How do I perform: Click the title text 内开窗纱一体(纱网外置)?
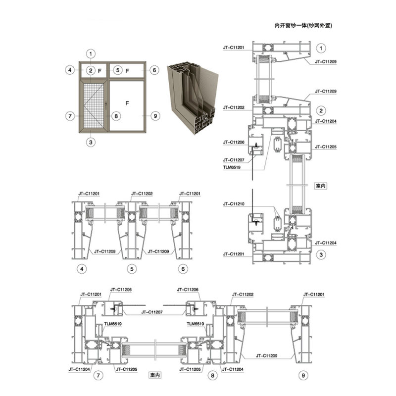(x=303, y=25)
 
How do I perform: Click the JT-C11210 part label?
(x=234, y=204)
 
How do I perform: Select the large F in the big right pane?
(x=127, y=103)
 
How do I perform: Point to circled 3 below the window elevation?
(x=91, y=142)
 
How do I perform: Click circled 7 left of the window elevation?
(x=70, y=116)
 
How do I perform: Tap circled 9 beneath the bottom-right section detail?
(x=303, y=375)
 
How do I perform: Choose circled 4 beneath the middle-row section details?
(x=82, y=269)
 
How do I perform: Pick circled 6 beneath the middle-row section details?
(x=183, y=269)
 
